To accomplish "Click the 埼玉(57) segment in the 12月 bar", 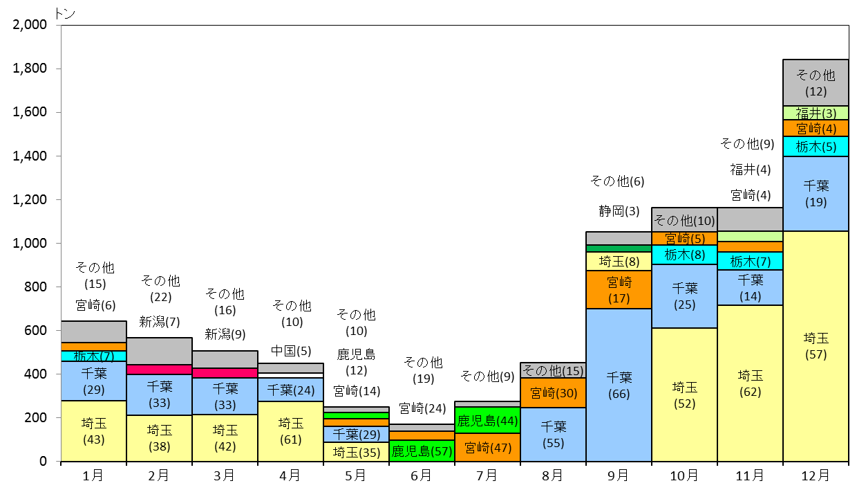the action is coord(816,346).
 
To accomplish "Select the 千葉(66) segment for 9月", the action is coord(619,385).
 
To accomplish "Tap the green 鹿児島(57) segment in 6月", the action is coord(422,451).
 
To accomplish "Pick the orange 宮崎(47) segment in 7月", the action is coord(487,447).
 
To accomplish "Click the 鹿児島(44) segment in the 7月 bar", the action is coord(487,420).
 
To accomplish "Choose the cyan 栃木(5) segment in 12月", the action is coord(816,146).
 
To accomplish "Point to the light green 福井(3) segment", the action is coord(816,113).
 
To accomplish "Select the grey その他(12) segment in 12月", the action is coord(816,82).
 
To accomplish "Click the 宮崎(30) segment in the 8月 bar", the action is coord(553,392).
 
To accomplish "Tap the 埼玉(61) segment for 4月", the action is coord(291,431).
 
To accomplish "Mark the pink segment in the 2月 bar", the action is coord(160,370).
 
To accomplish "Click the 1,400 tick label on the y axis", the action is coord(30,156).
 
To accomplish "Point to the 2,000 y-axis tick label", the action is coord(30,24).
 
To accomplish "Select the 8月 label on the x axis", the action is coord(553,475).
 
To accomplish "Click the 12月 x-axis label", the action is coord(816,475).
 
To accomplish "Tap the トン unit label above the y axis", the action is coord(65,13).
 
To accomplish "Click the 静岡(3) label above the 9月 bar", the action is coord(619,211).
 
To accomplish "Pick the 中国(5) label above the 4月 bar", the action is coord(291,351).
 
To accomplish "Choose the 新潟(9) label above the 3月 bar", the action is coord(225,334).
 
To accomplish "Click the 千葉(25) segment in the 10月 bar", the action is coord(684,296).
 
